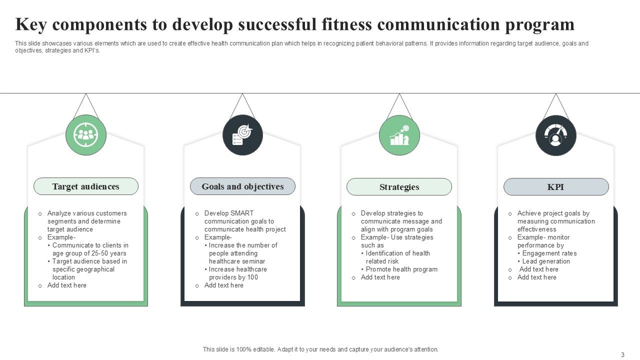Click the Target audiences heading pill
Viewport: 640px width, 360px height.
point(85,186)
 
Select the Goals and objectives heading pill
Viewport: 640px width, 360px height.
point(242,186)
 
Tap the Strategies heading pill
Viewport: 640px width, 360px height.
point(399,187)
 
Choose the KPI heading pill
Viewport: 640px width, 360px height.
point(555,187)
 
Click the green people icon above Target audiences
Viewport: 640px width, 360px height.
point(86,134)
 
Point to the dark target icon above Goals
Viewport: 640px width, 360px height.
point(242,135)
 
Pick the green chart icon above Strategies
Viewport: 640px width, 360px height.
point(399,135)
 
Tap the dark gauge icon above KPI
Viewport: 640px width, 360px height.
point(555,135)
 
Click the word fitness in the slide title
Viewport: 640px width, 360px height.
point(347,24)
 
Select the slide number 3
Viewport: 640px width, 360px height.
point(622,354)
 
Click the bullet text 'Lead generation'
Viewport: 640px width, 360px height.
point(546,261)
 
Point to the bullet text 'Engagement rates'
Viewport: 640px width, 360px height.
point(549,253)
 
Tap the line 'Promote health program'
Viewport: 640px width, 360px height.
point(401,269)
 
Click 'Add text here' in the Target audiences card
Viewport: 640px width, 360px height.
point(67,285)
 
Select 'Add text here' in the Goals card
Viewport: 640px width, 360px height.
point(224,285)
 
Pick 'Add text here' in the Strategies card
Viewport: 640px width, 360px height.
point(380,277)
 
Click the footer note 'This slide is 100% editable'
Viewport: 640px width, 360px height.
point(320,349)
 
